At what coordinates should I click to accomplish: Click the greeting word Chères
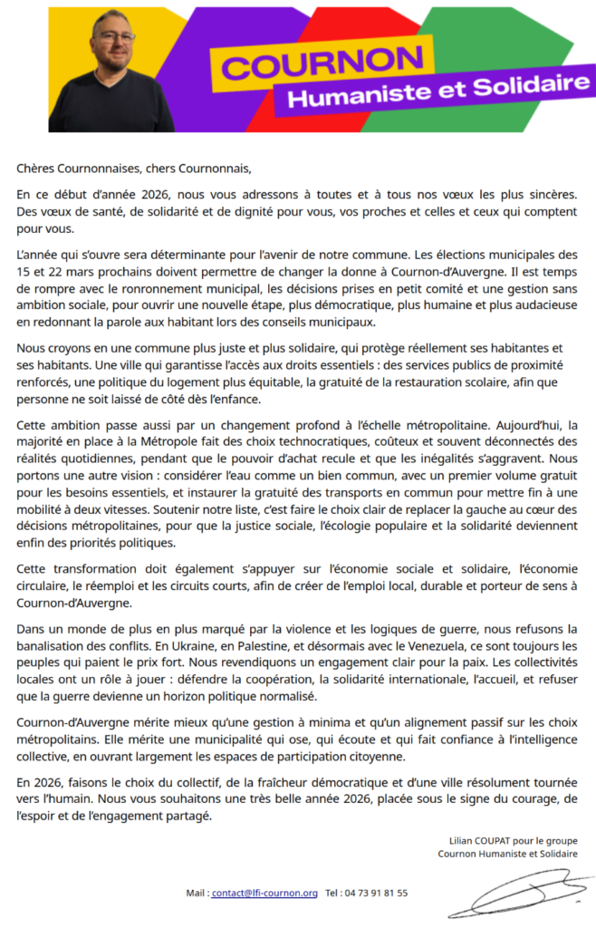[34, 168]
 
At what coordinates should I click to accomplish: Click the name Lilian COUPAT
[480, 840]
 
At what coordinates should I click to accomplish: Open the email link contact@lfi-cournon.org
[264, 893]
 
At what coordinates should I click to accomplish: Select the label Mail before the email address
[196, 893]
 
